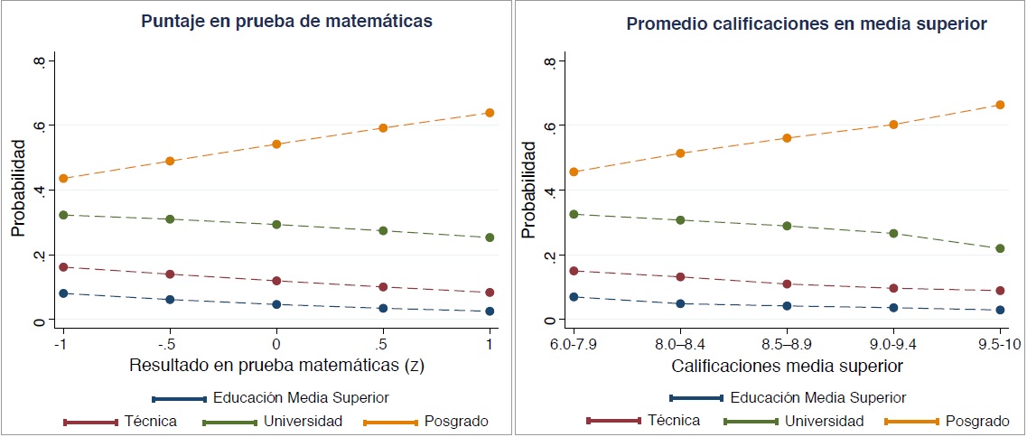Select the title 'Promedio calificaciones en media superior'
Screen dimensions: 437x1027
(x=806, y=23)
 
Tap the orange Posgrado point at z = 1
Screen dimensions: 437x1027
(x=490, y=113)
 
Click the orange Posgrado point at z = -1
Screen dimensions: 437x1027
(x=63, y=179)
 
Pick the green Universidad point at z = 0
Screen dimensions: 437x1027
(x=276, y=224)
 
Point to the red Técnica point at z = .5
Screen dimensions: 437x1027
(x=383, y=287)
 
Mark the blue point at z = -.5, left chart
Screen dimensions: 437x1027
(x=170, y=299)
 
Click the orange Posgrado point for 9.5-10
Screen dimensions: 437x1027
(x=1000, y=105)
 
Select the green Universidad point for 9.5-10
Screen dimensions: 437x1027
(x=1000, y=248)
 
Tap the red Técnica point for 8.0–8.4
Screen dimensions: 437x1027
(x=680, y=277)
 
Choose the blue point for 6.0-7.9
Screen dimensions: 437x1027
(x=574, y=297)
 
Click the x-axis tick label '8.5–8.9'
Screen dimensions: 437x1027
(x=787, y=344)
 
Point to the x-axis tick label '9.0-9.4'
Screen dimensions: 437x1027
(x=893, y=344)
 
